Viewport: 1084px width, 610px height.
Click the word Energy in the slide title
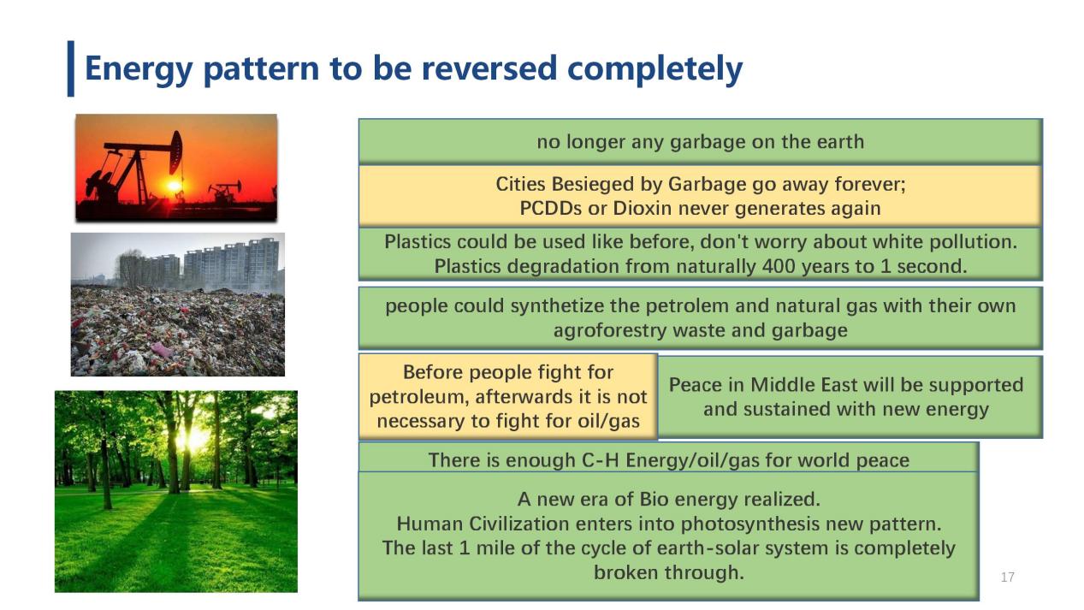139,69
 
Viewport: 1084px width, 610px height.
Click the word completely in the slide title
655,69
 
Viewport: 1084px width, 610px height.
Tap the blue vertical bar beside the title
71,68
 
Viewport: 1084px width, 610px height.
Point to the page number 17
1008,577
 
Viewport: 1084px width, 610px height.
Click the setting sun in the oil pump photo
174,186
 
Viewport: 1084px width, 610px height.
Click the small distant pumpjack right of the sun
224,192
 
